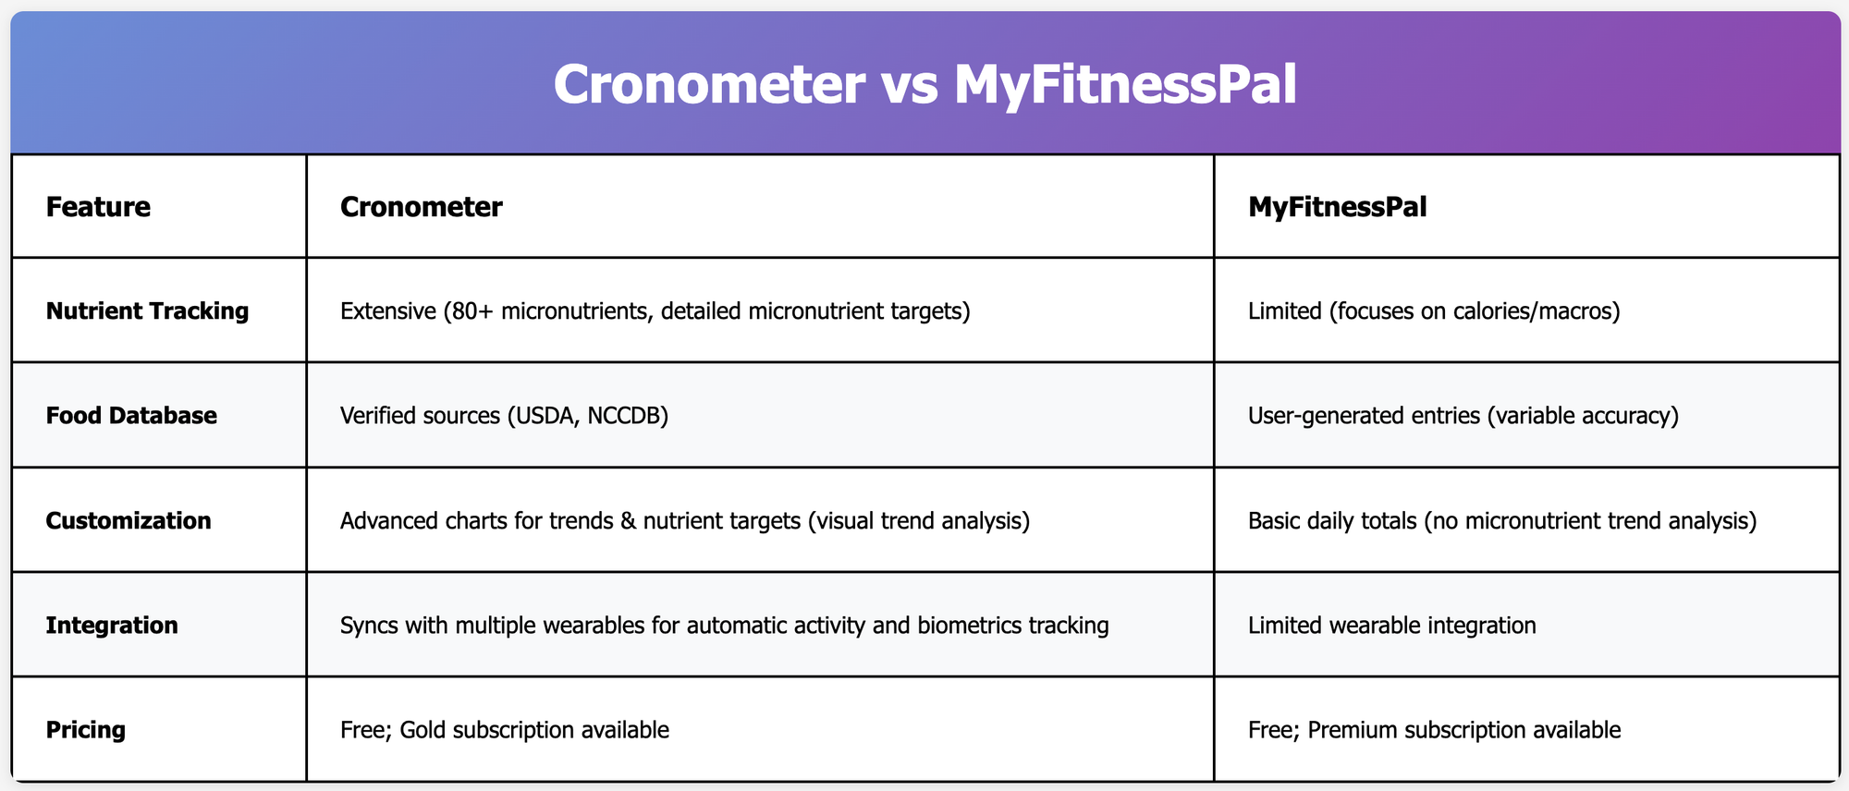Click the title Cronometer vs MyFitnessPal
click(924, 85)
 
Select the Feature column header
click(98, 206)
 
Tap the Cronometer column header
click(422, 206)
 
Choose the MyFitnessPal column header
click(1338, 206)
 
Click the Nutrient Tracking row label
click(147, 310)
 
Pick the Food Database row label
click(131, 415)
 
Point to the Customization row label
click(129, 520)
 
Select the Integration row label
click(112, 625)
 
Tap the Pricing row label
click(86, 730)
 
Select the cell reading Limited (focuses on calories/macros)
click(1434, 310)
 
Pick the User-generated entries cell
click(1463, 415)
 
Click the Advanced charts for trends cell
click(685, 520)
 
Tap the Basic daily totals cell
click(1502, 520)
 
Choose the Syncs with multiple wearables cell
click(725, 625)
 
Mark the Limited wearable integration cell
click(1392, 625)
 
